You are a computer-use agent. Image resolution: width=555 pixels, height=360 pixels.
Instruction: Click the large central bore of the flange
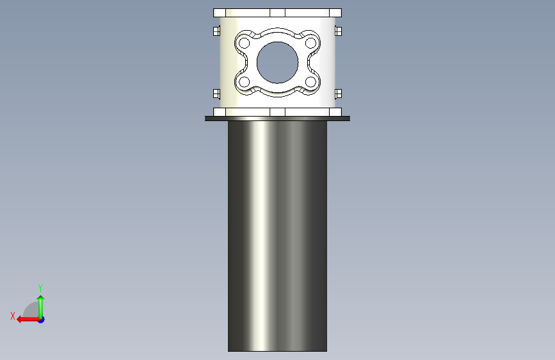tap(278, 63)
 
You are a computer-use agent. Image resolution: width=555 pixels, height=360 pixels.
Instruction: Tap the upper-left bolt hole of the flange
tap(245, 43)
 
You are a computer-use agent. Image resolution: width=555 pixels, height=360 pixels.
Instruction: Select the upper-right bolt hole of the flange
tap(310, 43)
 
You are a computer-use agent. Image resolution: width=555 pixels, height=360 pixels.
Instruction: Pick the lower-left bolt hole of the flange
tap(245, 82)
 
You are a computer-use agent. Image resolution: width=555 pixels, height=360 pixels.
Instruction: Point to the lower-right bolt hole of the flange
tap(310, 82)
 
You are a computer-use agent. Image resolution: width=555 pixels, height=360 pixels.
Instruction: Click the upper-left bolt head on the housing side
tap(216, 31)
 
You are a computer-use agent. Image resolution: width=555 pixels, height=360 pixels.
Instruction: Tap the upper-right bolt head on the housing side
tap(339, 31)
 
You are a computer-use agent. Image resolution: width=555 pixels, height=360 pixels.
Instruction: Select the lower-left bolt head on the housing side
tap(216, 94)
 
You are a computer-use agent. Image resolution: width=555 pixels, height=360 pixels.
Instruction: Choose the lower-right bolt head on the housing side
tap(339, 94)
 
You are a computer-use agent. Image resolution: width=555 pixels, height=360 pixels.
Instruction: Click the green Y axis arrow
tap(41, 307)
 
